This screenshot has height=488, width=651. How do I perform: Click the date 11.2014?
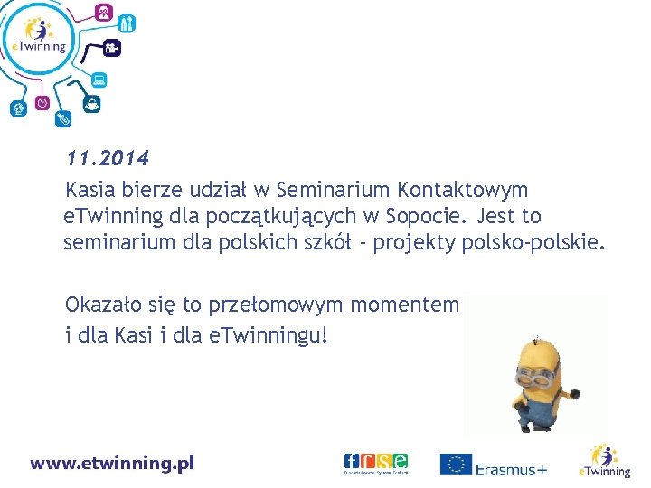[x=107, y=159]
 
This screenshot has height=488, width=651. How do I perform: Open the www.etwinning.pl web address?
[x=112, y=464]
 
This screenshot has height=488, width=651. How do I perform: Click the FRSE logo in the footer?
[x=375, y=463]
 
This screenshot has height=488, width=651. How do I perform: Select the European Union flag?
[x=457, y=465]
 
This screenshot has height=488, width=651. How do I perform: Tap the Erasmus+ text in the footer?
[x=512, y=469]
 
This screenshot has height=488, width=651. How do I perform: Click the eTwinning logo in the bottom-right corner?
[x=605, y=461]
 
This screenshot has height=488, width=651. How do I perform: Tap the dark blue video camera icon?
[x=112, y=47]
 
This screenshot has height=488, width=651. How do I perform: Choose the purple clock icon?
[x=42, y=103]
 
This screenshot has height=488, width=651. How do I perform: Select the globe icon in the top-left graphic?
[x=16, y=109]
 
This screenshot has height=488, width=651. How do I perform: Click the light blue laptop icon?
[x=99, y=80]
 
